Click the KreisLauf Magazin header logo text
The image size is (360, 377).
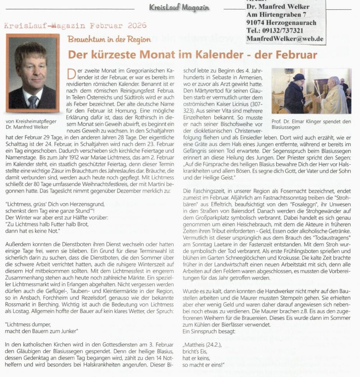179,7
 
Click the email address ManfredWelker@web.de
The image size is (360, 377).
285,38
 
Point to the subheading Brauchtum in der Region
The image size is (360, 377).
109,39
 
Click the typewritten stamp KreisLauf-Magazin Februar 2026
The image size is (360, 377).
76,26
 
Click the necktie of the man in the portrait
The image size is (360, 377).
33,101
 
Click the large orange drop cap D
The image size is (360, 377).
71,73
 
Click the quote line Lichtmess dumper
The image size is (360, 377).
29,325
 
